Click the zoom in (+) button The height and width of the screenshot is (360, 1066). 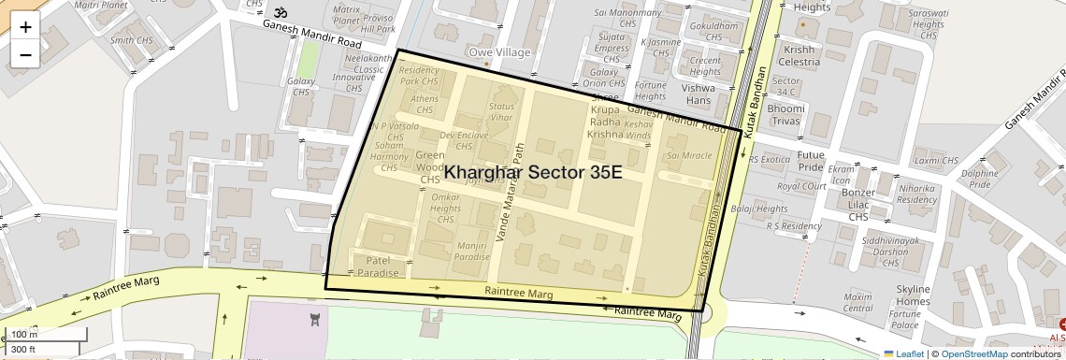pyautogui.click(x=25, y=27)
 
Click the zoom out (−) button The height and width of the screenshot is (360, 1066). pyautogui.click(x=25, y=54)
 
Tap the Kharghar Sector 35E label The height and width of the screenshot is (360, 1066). pyautogui.click(x=533, y=173)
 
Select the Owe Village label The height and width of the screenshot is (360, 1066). pyautogui.click(x=499, y=52)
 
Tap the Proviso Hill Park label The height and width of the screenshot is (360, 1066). pyautogui.click(x=379, y=23)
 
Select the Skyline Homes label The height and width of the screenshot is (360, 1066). pyautogui.click(x=913, y=295)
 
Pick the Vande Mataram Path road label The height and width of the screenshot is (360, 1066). pyautogui.click(x=511, y=193)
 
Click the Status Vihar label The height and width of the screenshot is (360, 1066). pyautogui.click(x=502, y=112)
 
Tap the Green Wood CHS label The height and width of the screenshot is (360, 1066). pyautogui.click(x=430, y=166)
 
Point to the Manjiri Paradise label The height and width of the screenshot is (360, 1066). pyautogui.click(x=473, y=250)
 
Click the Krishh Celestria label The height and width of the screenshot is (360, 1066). pyautogui.click(x=801, y=55)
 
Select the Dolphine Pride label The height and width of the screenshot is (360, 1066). pyautogui.click(x=980, y=179)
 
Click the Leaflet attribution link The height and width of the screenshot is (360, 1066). pyautogui.click(x=903, y=353)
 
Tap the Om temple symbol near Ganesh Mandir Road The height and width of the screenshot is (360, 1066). pyautogui.click(x=279, y=14)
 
